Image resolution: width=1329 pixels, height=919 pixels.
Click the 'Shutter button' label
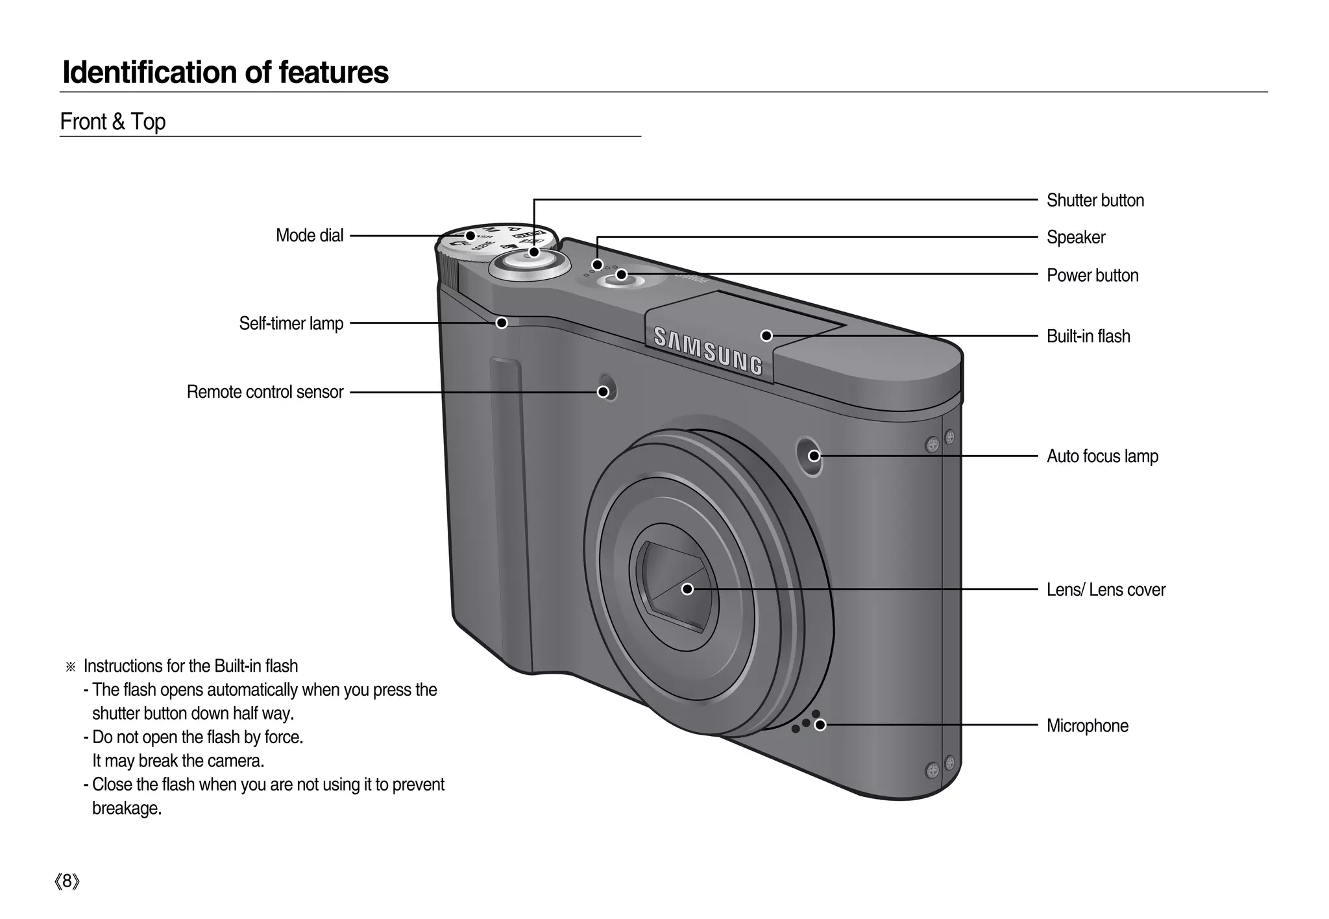pos(1095,201)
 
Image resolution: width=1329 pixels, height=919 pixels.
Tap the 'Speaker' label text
pos(1075,238)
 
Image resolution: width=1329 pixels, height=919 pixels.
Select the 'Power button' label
pos(1092,275)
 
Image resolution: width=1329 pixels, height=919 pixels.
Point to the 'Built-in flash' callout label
pos(1088,336)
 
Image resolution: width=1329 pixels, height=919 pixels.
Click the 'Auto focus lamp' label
pos(1102,456)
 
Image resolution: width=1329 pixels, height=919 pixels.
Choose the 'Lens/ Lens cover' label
pos(1106,589)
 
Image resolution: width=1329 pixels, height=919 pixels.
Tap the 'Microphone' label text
pos(1087,726)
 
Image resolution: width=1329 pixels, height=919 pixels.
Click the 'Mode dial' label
pos(310,235)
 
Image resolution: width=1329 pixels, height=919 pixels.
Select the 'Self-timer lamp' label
pos(291,323)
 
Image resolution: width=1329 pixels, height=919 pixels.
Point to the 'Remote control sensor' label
pos(265,392)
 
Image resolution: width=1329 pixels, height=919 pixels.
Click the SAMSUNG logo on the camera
pos(708,351)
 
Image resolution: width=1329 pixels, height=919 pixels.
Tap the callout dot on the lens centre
pos(687,589)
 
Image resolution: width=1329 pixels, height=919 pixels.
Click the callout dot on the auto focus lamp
pos(814,456)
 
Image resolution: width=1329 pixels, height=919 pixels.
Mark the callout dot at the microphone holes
pos(820,725)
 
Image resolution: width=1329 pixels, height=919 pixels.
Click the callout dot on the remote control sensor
pos(603,391)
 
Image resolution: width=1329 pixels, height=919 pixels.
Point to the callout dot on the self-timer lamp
pos(502,323)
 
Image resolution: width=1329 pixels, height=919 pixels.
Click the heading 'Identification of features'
pos(225,72)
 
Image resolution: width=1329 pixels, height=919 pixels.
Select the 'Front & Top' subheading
pos(113,122)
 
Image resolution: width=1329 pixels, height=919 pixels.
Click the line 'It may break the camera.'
pos(178,761)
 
